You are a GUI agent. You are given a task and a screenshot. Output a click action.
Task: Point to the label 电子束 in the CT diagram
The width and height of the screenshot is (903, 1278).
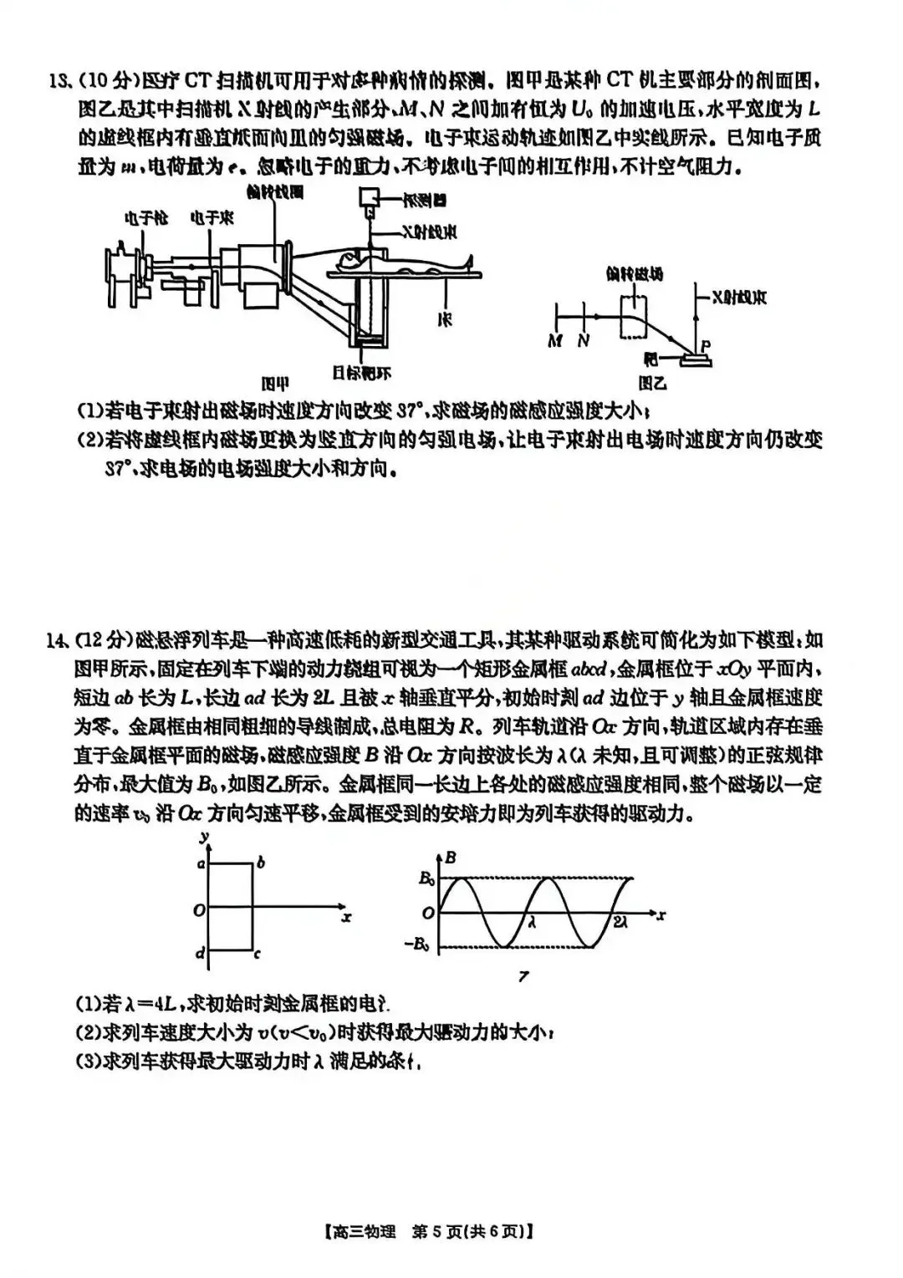click(211, 219)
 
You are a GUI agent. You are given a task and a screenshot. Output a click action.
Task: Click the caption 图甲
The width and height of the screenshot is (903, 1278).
click(275, 384)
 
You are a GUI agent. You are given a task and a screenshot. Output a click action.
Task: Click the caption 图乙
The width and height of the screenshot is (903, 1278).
click(652, 384)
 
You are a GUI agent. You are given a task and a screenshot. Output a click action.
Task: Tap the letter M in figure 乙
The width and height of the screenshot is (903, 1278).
click(554, 342)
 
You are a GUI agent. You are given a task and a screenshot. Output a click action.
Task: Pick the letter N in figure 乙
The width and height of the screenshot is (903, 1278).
click(583, 342)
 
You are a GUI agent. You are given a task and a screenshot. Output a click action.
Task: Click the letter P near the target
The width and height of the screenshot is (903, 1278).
click(706, 344)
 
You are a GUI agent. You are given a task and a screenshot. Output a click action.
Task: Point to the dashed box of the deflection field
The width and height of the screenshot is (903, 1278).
click(639, 318)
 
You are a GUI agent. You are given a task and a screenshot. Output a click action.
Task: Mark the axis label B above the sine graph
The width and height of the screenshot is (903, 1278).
click(451, 857)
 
